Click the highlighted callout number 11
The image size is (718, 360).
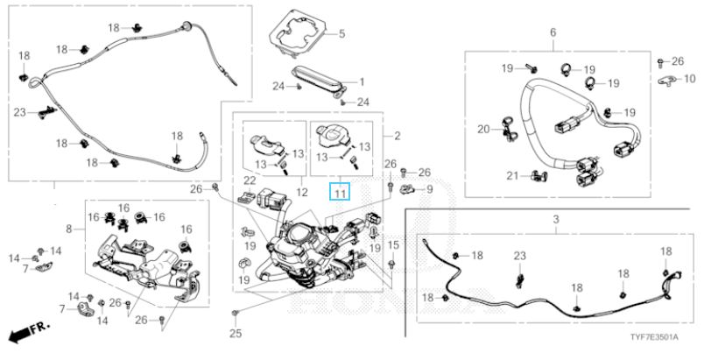click(339, 192)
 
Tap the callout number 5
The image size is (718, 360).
click(341, 34)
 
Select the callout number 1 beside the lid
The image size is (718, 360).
click(360, 81)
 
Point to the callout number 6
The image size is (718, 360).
click(553, 32)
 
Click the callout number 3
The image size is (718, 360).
click(555, 216)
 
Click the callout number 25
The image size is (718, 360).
click(234, 333)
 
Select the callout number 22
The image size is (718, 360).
click(249, 180)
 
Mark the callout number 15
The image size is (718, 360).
click(393, 244)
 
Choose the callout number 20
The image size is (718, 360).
click(483, 130)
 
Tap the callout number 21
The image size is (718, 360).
click(512, 175)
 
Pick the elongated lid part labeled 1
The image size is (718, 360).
click(322, 80)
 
